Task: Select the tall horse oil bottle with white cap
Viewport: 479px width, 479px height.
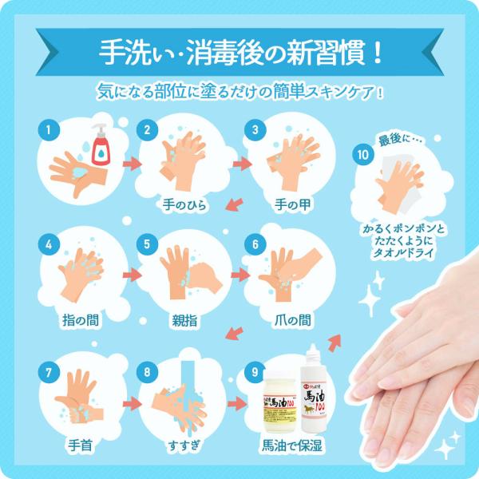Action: pos(315,391)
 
